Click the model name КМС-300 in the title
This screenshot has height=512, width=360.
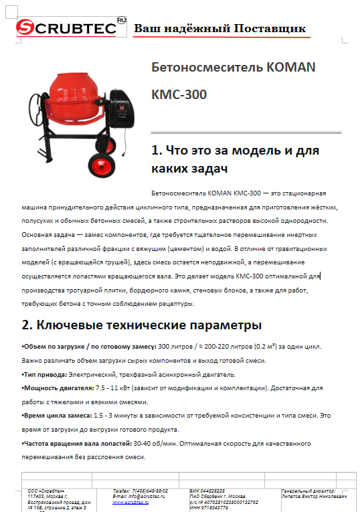pos(179,94)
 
